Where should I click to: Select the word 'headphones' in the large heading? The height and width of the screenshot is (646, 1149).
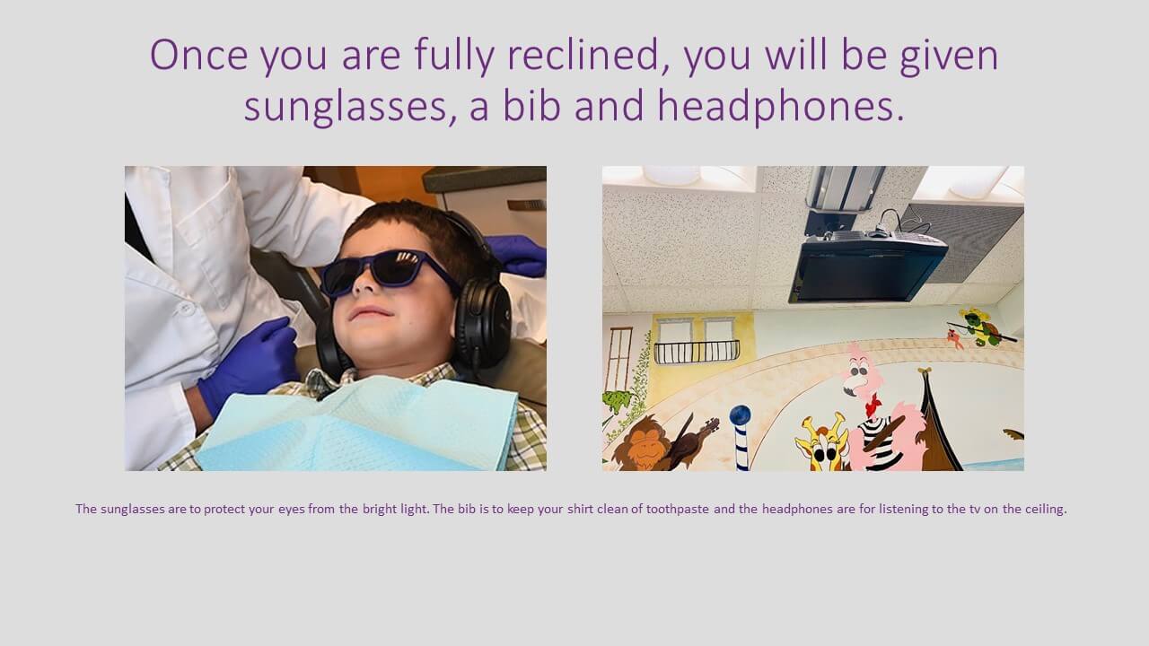[781, 107]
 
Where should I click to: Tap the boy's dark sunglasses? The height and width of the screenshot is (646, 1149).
[387, 272]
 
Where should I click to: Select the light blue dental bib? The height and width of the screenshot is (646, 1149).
[356, 424]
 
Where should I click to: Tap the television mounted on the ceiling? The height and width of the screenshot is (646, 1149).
[868, 266]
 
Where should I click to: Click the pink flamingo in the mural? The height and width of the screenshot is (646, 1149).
[883, 410]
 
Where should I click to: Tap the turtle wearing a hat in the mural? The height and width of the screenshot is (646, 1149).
[981, 328]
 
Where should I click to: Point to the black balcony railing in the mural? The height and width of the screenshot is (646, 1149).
[697, 353]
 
